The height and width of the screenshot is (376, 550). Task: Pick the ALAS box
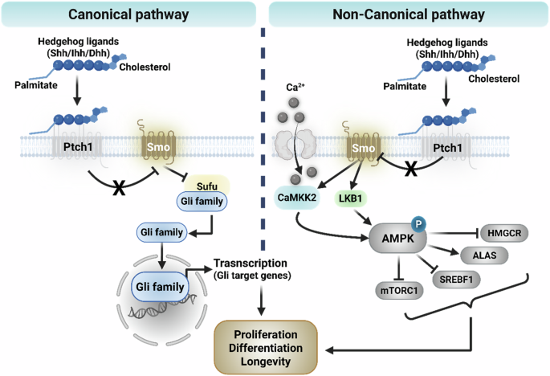point(483,255)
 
